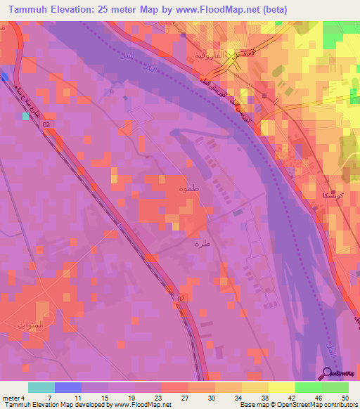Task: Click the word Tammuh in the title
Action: [x=30, y=8]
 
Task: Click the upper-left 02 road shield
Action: [x=47, y=124]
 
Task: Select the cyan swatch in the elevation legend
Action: [x=41, y=387]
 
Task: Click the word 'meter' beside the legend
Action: [x=11, y=398]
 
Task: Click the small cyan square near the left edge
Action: [x=26, y=117]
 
